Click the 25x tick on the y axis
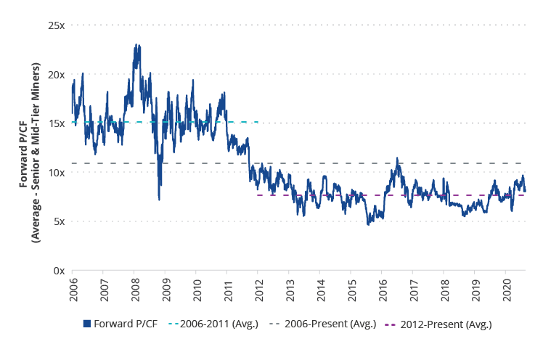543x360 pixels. [57, 25]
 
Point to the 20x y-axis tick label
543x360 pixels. [57, 75]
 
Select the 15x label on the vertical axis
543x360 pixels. [57, 123]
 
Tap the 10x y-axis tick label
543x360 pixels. [57, 173]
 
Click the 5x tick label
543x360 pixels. [59, 221]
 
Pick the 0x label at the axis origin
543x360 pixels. [59, 271]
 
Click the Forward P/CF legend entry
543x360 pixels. [121, 324]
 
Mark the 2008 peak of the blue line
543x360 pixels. [136, 46]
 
